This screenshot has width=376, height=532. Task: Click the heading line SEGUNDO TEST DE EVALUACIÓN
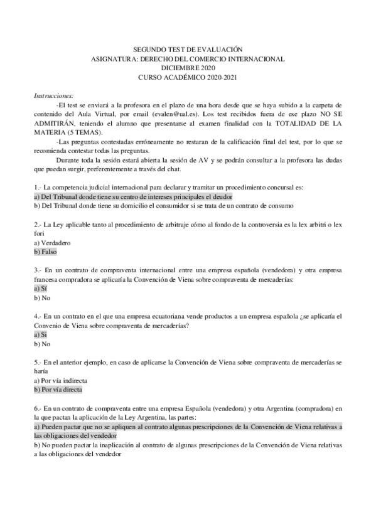(188, 49)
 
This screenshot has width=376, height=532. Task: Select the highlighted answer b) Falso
(45, 251)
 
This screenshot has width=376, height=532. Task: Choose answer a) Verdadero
(52, 242)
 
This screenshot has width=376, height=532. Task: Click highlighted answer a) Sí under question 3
(40, 288)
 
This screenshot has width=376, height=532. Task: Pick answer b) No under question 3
(41, 297)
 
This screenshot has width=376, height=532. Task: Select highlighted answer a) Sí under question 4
(40, 334)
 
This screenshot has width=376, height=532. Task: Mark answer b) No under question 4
(41, 344)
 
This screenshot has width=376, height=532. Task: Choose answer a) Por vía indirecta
(60, 380)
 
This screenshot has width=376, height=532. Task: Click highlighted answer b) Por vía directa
(59, 390)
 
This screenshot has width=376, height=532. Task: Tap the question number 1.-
(38, 187)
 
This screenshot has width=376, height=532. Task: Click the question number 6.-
(38, 408)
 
